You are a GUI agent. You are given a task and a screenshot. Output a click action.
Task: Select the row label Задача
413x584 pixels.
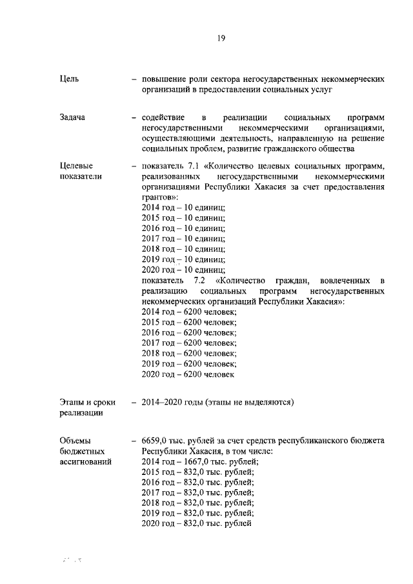[x=72, y=118]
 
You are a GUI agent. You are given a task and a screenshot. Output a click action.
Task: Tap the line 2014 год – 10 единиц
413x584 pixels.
[x=183, y=207]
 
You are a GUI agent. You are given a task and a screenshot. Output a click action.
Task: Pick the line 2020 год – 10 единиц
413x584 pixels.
[x=183, y=270]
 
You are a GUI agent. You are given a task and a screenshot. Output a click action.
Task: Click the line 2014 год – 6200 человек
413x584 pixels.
[x=188, y=312]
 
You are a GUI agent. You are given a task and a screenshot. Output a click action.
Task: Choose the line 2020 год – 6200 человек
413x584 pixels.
[x=187, y=374]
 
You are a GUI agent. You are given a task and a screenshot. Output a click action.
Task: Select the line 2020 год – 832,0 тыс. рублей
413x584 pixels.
[x=196, y=524]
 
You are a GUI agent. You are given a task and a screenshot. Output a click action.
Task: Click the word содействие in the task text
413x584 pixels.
[x=164, y=118]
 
